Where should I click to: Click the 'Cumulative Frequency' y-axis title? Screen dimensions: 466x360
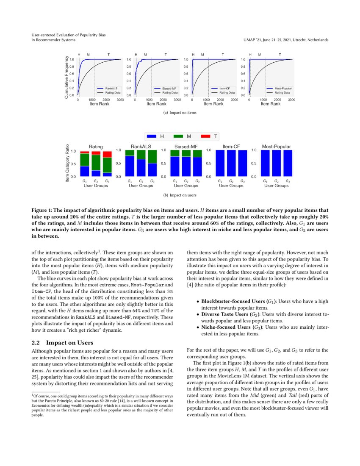click(66, 78)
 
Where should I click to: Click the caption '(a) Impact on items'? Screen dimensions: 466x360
click(180, 113)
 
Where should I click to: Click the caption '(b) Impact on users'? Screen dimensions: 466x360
click(180, 195)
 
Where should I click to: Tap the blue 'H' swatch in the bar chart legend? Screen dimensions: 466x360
click(151, 136)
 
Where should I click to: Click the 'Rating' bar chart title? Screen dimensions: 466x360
click(96, 147)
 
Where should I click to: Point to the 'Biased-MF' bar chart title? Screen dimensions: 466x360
click(186, 147)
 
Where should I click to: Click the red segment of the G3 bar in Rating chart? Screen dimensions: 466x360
click(107, 154)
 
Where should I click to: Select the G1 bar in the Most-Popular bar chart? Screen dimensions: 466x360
click(265, 163)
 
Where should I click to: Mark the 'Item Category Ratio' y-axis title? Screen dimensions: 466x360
click(67, 163)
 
